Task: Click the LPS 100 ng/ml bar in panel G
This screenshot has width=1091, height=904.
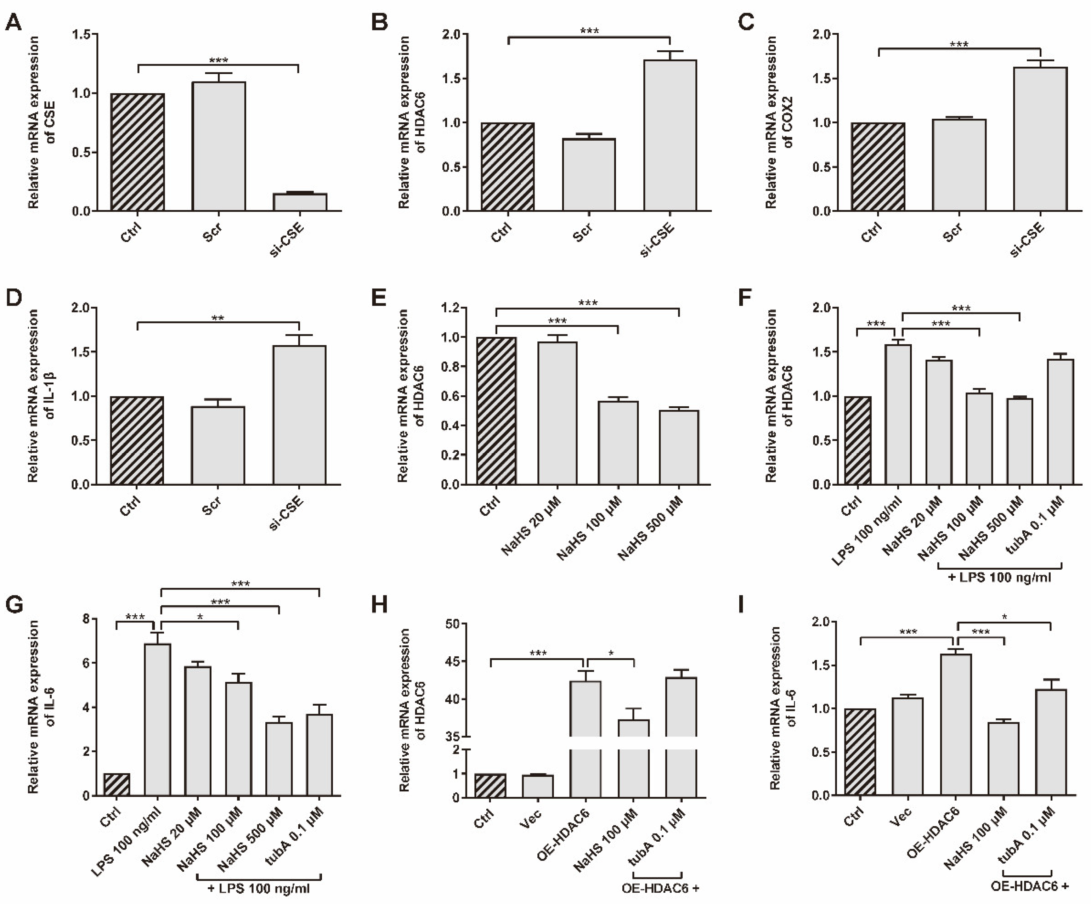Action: pos(157,719)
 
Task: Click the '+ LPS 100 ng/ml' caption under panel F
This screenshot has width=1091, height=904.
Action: pos(999,577)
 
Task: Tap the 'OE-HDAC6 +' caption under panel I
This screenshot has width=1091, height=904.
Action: pos(1029,886)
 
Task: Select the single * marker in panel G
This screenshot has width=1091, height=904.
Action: pos(200,617)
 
